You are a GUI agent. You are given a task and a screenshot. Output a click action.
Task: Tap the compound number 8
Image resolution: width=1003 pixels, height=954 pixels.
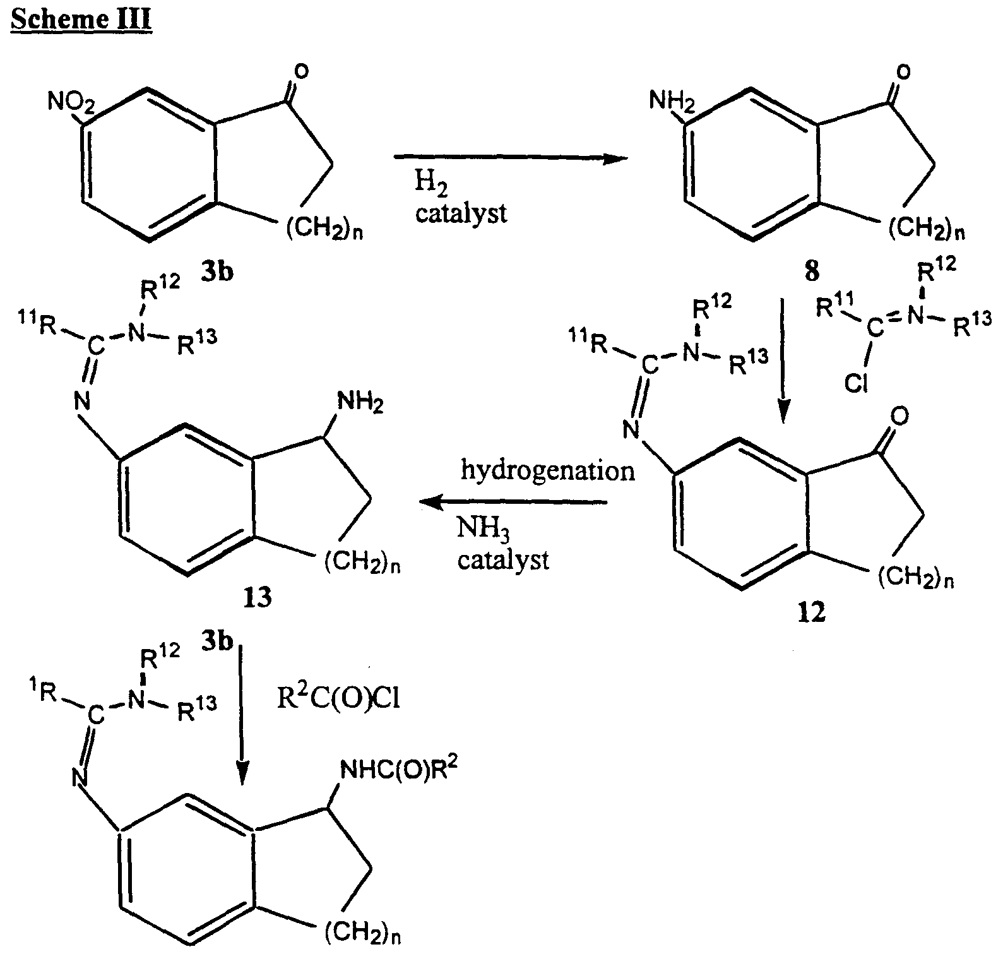(x=811, y=271)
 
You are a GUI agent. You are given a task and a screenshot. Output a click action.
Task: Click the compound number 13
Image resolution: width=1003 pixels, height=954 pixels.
(x=258, y=596)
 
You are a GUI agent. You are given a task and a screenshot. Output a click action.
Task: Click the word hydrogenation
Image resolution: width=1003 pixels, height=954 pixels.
(x=547, y=470)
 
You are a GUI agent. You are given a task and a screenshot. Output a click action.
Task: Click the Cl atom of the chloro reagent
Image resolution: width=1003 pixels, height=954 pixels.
(x=855, y=383)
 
